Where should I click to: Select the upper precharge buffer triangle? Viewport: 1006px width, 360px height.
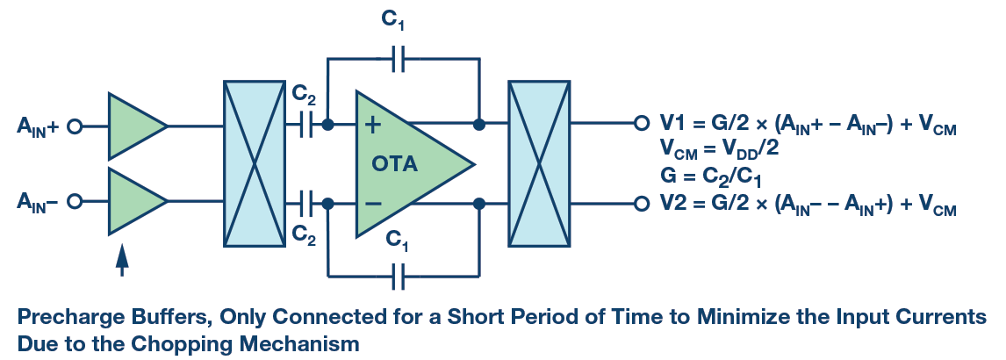point(134,126)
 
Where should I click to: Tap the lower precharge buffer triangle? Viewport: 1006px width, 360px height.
point(134,201)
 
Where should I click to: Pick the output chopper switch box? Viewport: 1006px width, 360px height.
point(539,164)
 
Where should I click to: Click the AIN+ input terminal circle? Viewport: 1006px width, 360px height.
point(75,126)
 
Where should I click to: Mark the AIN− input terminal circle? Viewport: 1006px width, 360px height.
point(75,202)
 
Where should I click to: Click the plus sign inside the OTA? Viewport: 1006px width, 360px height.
point(372,126)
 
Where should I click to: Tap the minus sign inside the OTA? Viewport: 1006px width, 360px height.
point(372,204)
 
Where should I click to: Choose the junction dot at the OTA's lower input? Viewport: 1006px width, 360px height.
point(328,204)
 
